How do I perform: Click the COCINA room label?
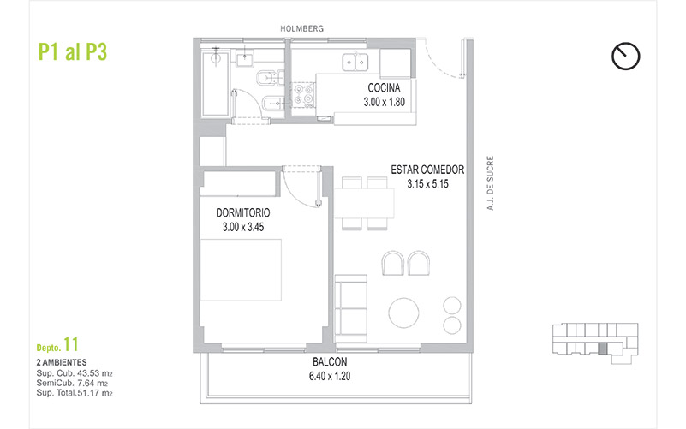pyautogui.click(x=384, y=88)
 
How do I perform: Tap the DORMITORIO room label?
pyautogui.click(x=243, y=213)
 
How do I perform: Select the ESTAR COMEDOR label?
pyautogui.click(x=427, y=170)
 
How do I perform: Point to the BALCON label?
pyautogui.click(x=330, y=362)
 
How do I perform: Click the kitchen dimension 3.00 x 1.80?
pyautogui.click(x=384, y=103)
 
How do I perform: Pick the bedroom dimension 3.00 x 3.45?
pyautogui.click(x=243, y=227)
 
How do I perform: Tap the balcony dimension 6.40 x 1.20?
pyautogui.click(x=330, y=376)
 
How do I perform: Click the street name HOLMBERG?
pyautogui.click(x=301, y=29)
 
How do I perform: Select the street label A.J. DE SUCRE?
pyautogui.click(x=491, y=182)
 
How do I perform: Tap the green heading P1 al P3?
pyautogui.click(x=73, y=52)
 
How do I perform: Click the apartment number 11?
pyautogui.click(x=71, y=344)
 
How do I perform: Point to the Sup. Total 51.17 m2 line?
pyautogui.click(x=75, y=393)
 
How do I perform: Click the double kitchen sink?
pyautogui.click(x=355, y=62)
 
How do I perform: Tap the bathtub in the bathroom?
pyautogui.click(x=215, y=85)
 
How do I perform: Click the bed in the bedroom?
pyautogui.click(x=241, y=270)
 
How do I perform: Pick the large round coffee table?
pyautogui.click(x=404, y=313)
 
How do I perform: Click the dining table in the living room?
pyautogui.click(x=365, y=203)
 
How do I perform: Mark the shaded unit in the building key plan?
pyautogui.click(x=603, y=349)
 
